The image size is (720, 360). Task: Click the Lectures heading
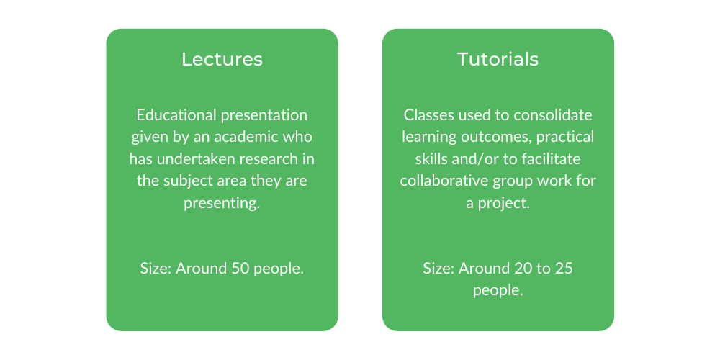(x=222, y=59)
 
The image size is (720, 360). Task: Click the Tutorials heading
(x=498, y=59)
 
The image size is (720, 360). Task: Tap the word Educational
(x=177, y=114)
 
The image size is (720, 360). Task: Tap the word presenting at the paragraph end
(x=222, y=203)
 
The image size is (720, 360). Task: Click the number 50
(x=239, y=268)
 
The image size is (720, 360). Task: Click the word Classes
(x=424, y=114)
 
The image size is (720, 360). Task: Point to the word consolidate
(x=553, y=114)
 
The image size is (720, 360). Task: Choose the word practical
(x=565, y=137)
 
